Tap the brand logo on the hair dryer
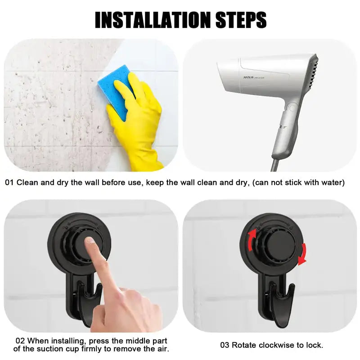pyautogui.click(x=248, y=77)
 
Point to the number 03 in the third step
pyautogui.click(x=225, y=345)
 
